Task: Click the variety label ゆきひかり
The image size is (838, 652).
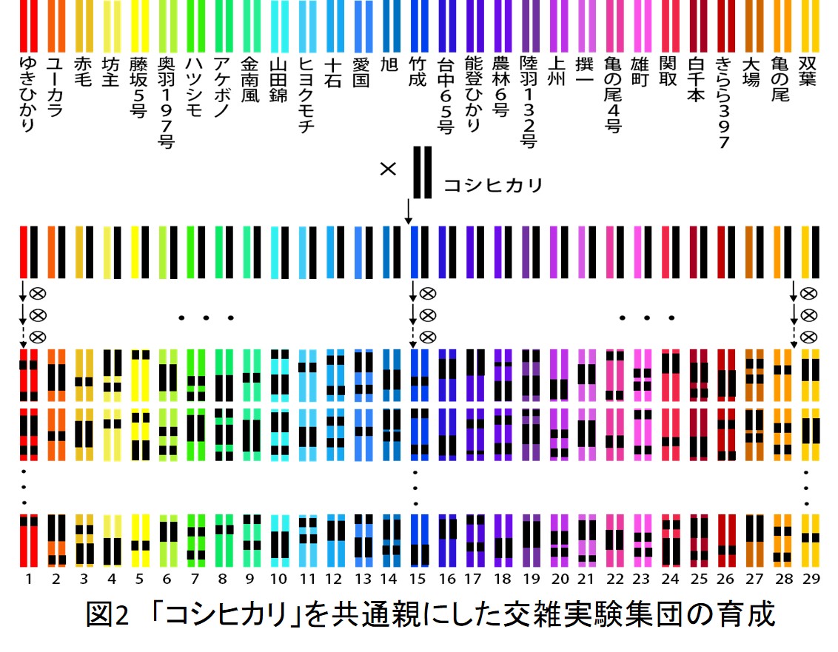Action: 27,94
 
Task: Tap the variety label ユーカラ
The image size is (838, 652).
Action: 55,87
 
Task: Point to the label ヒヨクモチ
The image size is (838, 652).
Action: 306,95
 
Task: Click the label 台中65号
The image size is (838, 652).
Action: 445,95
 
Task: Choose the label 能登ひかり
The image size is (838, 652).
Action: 473,94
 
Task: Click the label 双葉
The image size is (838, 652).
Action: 808,71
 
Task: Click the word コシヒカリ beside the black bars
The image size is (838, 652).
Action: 493,186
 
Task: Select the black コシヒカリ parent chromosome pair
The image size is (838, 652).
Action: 422,172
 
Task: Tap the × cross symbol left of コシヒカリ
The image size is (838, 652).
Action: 388,169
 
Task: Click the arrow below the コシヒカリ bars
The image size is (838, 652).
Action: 409,212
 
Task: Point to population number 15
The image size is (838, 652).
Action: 418,579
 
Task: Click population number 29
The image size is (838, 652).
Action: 811,579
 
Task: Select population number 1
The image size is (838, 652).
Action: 29,579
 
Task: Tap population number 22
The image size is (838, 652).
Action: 615,579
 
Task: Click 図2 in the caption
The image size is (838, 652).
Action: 107,614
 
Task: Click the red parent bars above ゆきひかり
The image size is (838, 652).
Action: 29,26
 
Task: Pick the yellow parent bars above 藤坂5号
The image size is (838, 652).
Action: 140,26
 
